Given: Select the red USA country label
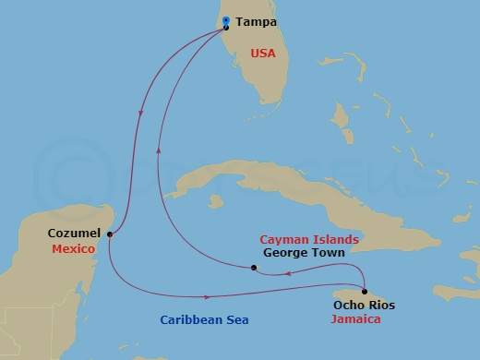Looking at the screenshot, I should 263,54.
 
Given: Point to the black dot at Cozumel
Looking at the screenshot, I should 110,234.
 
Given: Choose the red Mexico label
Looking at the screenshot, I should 74,249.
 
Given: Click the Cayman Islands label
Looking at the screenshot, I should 309,238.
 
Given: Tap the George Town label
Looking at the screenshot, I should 304,252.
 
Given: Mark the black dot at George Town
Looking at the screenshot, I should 254,269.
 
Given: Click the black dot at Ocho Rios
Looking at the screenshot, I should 365,291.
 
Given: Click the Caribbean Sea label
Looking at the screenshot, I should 203,320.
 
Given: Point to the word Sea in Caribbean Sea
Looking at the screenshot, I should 235,320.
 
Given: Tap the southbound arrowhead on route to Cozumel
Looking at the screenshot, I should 140,114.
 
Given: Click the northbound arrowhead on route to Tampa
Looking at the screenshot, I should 159,148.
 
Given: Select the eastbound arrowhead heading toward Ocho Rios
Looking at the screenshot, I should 209,296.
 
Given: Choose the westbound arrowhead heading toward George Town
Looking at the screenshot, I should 288,273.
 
